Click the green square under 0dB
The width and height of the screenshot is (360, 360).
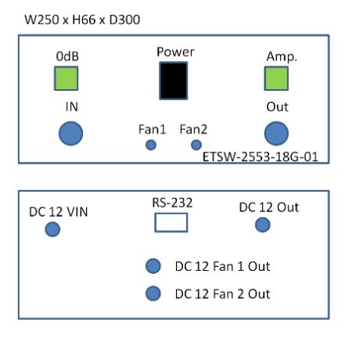(x=66, y=78)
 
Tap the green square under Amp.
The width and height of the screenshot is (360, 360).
(x=276, y=78)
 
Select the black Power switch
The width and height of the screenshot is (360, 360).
(x=174, y=81)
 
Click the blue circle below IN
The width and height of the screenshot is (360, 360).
(x=70, y=133)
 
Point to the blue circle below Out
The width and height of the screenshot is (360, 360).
(x=276, y=133)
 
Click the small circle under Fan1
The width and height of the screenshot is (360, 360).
(x=151, y=145)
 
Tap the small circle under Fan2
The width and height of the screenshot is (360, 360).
(x=196, y=145)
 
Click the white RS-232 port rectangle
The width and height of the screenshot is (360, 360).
(x=171, y=222)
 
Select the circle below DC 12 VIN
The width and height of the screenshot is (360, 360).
(x=52, y=229)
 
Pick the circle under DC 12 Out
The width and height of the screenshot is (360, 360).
(x=263, y=225)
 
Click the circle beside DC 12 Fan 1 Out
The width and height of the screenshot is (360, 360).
(x=153, y=266)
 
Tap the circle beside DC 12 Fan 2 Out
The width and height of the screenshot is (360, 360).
(x=153, y=293)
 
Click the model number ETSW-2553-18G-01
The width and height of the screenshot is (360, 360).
(x=261, y=157)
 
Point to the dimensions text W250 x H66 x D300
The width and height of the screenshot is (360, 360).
(x=82, y=20)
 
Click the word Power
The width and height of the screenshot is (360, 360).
(x=175, y=52)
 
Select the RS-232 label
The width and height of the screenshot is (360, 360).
(x=172, y=203)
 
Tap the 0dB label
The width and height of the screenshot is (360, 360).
(x=67, y=56)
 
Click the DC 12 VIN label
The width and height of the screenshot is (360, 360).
(x=59, y=212)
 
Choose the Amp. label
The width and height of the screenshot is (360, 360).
(x=282, y=57)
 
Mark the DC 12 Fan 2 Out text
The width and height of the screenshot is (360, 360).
(x=222, y=294)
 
